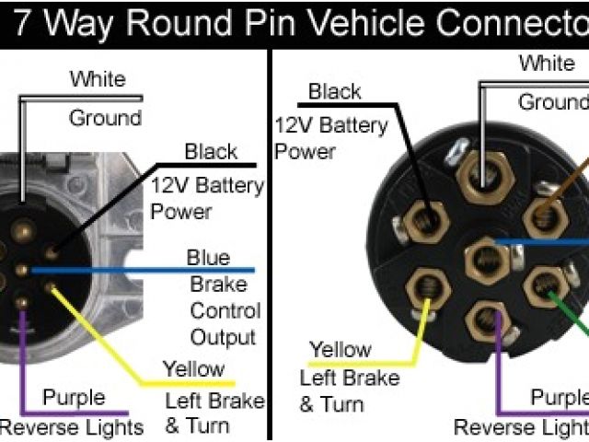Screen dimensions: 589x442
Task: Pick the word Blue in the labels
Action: [x=208, y=257]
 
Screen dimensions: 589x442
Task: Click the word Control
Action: [x=225, y=311]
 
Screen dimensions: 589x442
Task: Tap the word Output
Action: [x=223, y=337]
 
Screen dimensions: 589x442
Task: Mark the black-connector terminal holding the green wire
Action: [x=543, y=288]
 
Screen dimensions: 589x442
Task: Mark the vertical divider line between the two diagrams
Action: [x=271, y=239]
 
